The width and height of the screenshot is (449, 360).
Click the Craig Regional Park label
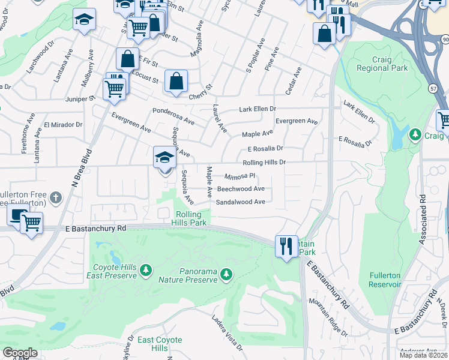tap(381, 63)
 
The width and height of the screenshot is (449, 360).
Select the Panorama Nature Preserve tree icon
tap(226, 275)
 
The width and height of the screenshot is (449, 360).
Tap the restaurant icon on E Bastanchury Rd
tap(285, 245)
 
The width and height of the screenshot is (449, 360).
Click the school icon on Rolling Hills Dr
tap(163, 157)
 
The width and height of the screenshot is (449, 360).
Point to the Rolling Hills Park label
tap(190, 218)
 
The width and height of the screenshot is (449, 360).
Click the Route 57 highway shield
tap(433, 88)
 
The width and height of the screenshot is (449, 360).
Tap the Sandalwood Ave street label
tap(241, 202)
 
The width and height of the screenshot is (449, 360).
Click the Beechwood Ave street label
tap(241, 188)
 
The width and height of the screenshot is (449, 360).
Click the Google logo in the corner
tap(20, 353)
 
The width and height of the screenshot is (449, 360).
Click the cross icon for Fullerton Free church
tap(55, 197)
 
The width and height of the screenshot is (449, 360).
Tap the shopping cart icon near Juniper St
tap(113, 89)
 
